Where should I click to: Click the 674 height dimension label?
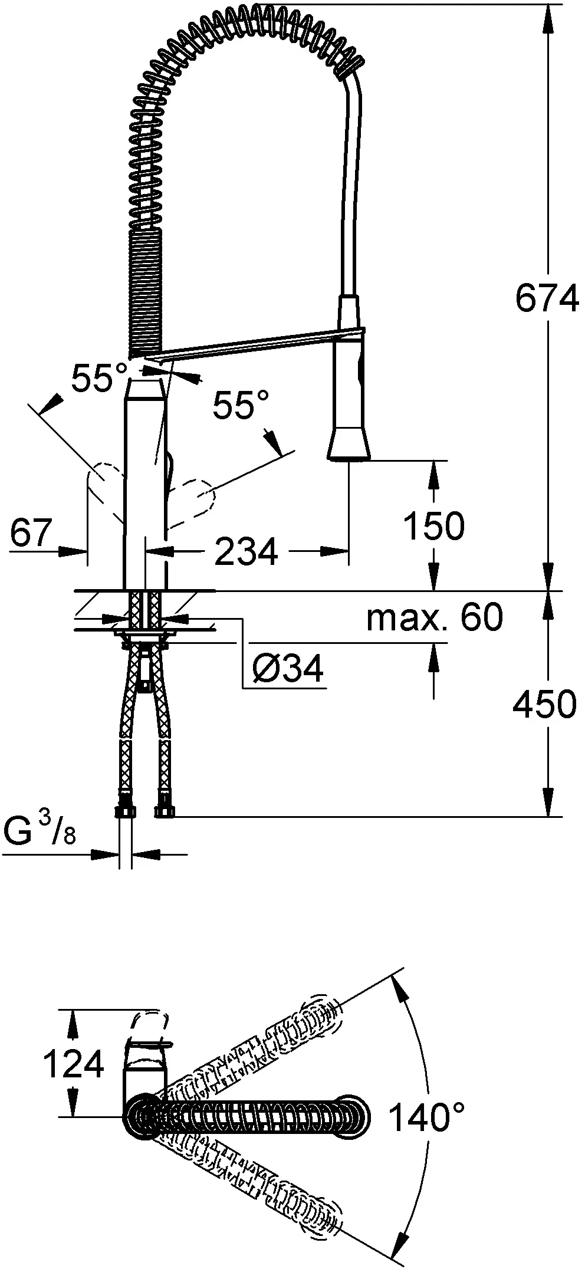[x=546, y=299]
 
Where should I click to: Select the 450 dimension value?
[x=544, y=704]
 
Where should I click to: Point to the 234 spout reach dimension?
[x=246, y=552]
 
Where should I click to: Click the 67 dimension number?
[x=32, y=533]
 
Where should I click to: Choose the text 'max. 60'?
[x=435, y=617]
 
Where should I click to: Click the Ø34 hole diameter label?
[x=288, y=669]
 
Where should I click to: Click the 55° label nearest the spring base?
[x=99, y=377]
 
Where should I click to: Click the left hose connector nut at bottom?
[x=125, y=812]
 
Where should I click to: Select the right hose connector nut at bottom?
[x=163, y=812]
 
